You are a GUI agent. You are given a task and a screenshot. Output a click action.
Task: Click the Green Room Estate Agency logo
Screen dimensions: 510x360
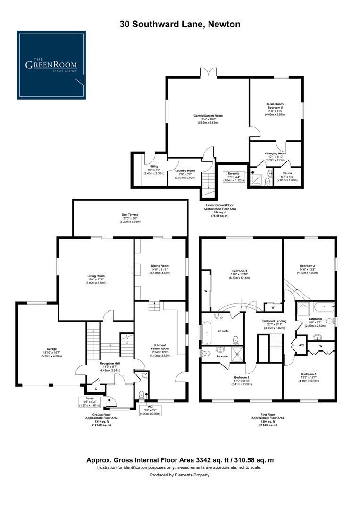click(52, 65)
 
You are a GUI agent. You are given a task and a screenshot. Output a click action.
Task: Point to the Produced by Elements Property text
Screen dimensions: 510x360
click(180, 475)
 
